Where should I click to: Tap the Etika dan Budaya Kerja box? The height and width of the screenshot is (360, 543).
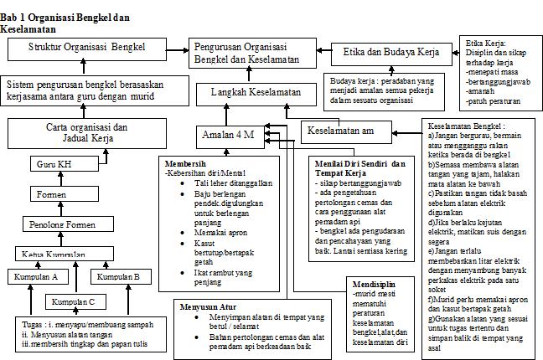(391, 53)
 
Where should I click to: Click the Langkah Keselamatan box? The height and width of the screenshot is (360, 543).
(251, 92)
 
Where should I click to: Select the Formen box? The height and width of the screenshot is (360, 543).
(49, 194)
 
